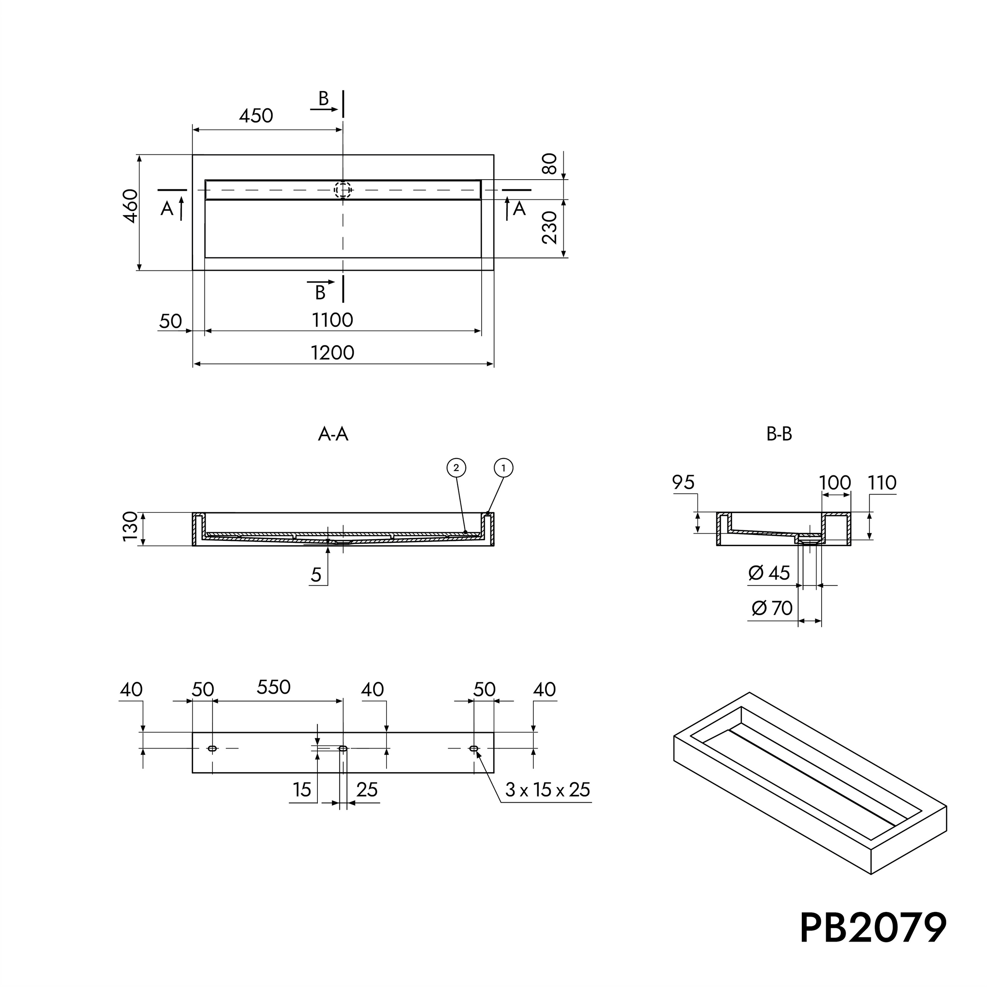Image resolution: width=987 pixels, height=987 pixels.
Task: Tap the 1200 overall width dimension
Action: (332, 353)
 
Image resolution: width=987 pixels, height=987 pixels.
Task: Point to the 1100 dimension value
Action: (332, 320)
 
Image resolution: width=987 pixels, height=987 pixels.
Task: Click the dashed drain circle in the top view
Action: (343, 190)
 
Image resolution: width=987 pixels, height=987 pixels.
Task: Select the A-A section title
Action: (333, 435)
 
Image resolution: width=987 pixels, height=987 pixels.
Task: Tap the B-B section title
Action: (779, 434)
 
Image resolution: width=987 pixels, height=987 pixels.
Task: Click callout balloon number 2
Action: (456, 467)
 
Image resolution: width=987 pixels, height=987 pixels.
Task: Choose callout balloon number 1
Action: (503, 467)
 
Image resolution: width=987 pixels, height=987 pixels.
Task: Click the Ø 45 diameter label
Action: (769, 573)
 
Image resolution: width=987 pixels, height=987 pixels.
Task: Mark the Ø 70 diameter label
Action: (772, 608)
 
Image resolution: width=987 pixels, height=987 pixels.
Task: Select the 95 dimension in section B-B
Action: (683, 483)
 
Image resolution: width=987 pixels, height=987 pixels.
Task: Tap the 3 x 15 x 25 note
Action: (548, 790)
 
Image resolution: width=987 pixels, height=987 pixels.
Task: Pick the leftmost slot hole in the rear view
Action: (212, 749)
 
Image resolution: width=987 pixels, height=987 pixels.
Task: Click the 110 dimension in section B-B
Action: (882, 483)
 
